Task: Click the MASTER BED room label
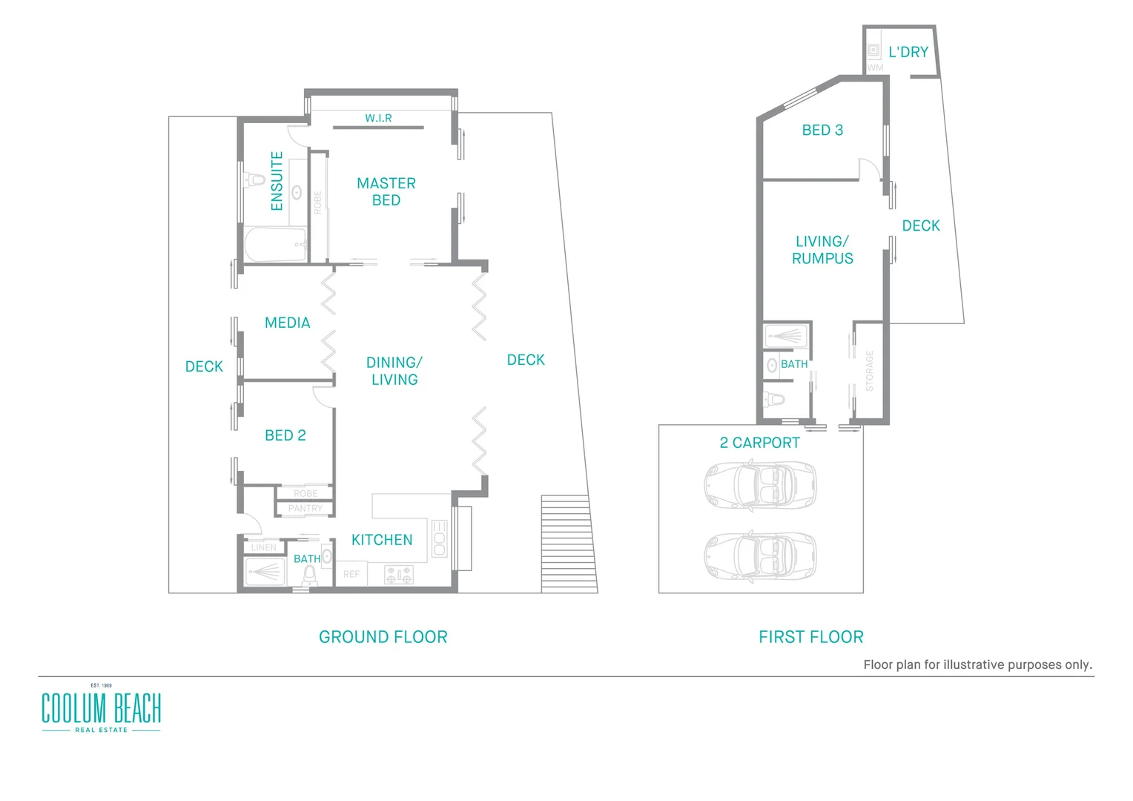pos(386,191)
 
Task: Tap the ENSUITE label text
pos(277,181)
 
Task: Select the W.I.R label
pos(378,118)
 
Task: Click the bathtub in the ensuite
pos(275,244)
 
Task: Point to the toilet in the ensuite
pos(254,180)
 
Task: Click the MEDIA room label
pos(287,323)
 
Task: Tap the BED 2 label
pos(285,435)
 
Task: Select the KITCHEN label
pos(382,540)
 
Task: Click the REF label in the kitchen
pos(351,574)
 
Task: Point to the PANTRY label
pos(305,509)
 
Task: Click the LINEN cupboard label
pos(263,547)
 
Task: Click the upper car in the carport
pos(759,484)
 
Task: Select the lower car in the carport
pos(759,556)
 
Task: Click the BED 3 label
pos(822,130)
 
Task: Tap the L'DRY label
pos(908,52)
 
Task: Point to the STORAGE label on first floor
pos(870,371)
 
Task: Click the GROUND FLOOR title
pos(383,637)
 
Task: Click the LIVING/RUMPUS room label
pos(822,250)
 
